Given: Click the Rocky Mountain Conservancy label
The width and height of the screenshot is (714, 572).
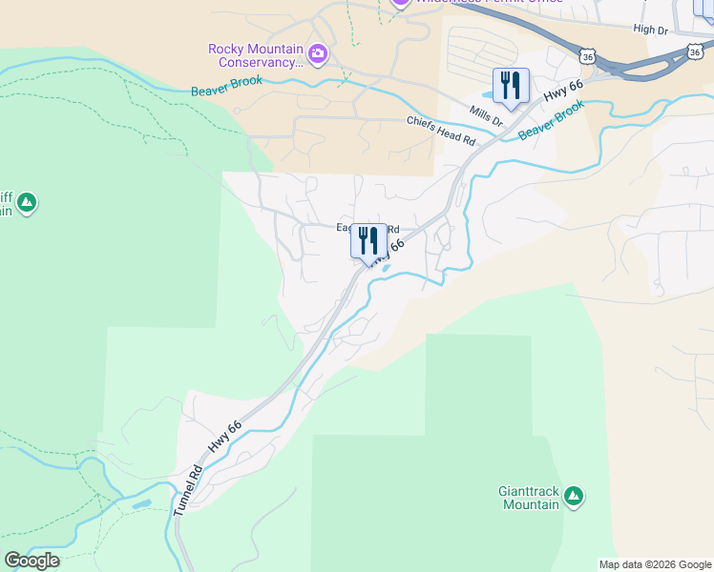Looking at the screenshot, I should (255, 56).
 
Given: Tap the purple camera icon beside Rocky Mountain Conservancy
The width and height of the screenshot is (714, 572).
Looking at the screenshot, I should (318, 54).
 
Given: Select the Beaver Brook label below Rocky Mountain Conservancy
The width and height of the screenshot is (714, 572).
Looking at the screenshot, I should (225, 91).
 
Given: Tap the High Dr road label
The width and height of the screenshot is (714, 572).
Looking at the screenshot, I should (650, 30).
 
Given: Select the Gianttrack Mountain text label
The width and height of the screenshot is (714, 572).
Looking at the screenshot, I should (531, 498).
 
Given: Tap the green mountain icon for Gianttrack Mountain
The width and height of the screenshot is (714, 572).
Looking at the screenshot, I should (573, 495).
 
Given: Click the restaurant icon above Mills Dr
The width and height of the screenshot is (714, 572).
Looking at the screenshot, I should (511, 86).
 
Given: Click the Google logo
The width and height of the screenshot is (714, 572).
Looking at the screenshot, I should (31, 561).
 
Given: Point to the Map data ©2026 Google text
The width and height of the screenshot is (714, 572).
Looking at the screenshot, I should (655, 564).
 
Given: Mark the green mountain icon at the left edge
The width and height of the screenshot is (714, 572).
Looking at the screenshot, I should (27, 202).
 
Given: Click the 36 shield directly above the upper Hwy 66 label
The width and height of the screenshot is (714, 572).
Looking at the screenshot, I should (588, 57).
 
